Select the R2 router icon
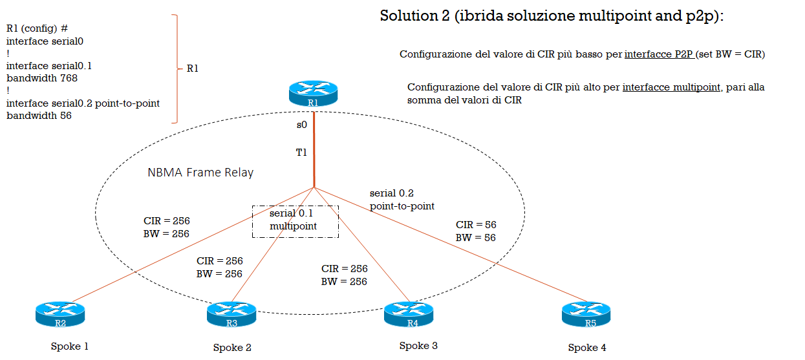pyautogui.click(x=60, y=314)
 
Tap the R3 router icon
pyautogui.click(x=231, y=315)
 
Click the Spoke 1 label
pyautogui.click(x=70, y=346)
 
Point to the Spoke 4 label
pyautogui.click(x=587, y=348)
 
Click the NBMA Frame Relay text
pyautogui.click(x=200, y=173)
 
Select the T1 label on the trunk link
pyautogui.click(x=301, y=153)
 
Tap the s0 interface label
pyautogui.click(x=301, y=125)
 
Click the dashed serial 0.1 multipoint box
pyautogui.click(x=295, y=222)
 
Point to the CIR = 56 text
pyautogui.click(x=476, y=225)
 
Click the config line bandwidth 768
pyautogui.click(x=42, y=78)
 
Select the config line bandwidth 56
pyautogui.click(x=39, y=116)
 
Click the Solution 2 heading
pyautogui.click(x=552, y=16)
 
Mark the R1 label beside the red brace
pyautogui.click(x=192, y=68)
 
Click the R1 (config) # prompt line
pyautogui.click(x=38, y=28)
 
